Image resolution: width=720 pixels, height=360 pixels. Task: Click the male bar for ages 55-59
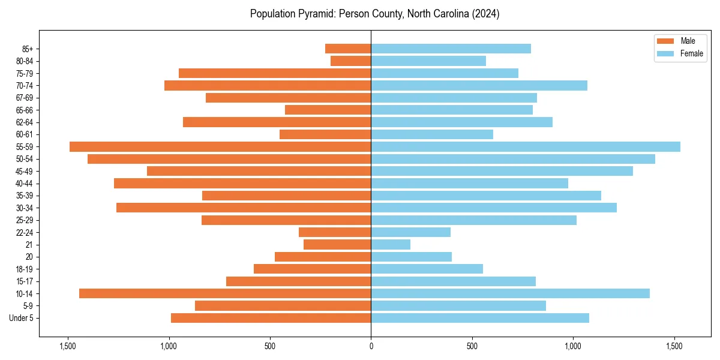[220, 146]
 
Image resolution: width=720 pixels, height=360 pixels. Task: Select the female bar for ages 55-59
[526, 146]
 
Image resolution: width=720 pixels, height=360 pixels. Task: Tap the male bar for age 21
[337, 244]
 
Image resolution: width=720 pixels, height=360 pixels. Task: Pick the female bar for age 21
[391, 244]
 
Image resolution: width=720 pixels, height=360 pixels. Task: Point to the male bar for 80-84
[351, 61]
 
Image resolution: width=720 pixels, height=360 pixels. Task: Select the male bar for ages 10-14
[225, 293]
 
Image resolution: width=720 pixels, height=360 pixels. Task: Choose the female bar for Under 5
[480, 318]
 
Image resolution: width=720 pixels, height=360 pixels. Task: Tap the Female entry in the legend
[679, 53]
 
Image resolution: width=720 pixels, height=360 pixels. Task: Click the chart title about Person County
[375, 14]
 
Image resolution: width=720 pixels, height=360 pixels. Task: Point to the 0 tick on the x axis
[371, 346]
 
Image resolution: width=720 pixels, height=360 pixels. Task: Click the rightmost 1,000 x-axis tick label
[573, 346]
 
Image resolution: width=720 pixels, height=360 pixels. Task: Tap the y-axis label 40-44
[23, 183]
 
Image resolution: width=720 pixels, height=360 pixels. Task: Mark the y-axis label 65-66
[23, 110]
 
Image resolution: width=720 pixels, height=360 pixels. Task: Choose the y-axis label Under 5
[22, 318]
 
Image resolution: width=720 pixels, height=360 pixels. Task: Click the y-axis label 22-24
[23, 232]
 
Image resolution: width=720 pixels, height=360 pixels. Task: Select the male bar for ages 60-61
[325, 134]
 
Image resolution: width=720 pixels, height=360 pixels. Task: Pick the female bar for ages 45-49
[502, 171]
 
